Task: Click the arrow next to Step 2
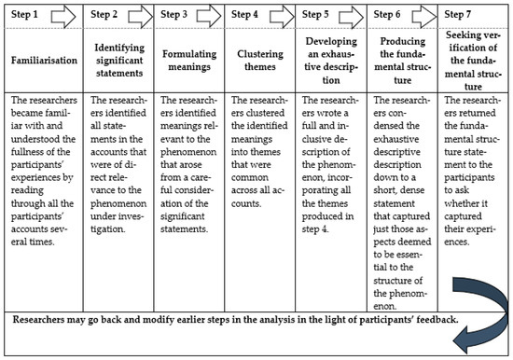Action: tap(131, 15)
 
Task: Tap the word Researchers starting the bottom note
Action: tap(47, 321)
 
